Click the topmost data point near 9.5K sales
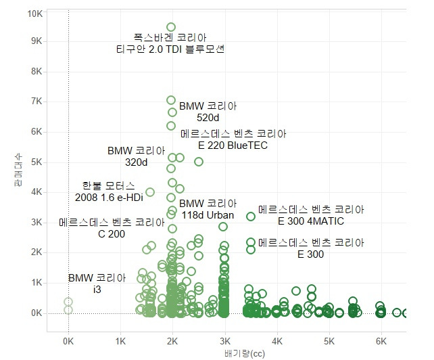(171, 27)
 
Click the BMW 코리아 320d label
(136, 156)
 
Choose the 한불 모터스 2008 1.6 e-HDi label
(109, 191)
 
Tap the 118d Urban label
(208, 209)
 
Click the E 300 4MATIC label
(311, 215)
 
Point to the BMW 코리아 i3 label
(97, 284)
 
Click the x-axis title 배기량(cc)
(224, 353)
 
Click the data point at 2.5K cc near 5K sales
(199, 162)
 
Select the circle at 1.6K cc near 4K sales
(150, 192)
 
